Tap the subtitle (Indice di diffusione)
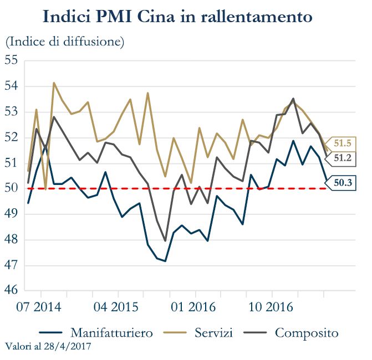(65, 41)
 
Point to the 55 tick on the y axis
(12, 60)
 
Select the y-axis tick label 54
(12, 86)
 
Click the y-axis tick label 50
(12, 188)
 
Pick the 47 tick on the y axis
(12, 265)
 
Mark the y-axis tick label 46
(12, 291)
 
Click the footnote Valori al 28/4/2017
(48, 347)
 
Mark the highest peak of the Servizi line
(54, 83)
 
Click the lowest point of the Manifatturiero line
(165, 261)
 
